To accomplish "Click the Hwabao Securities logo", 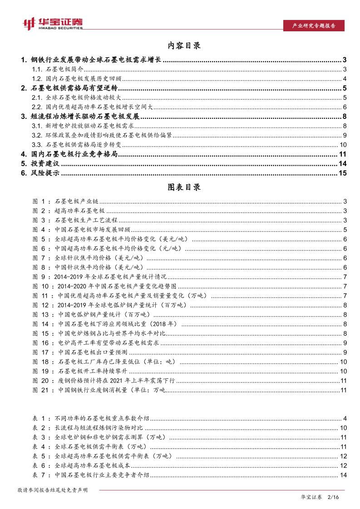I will (52, 24).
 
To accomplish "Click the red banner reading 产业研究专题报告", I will (313, 26).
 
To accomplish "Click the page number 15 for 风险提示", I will (343, 172).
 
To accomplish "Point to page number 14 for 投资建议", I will (343, 163).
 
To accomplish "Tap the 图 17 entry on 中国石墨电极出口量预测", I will (86, 352).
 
